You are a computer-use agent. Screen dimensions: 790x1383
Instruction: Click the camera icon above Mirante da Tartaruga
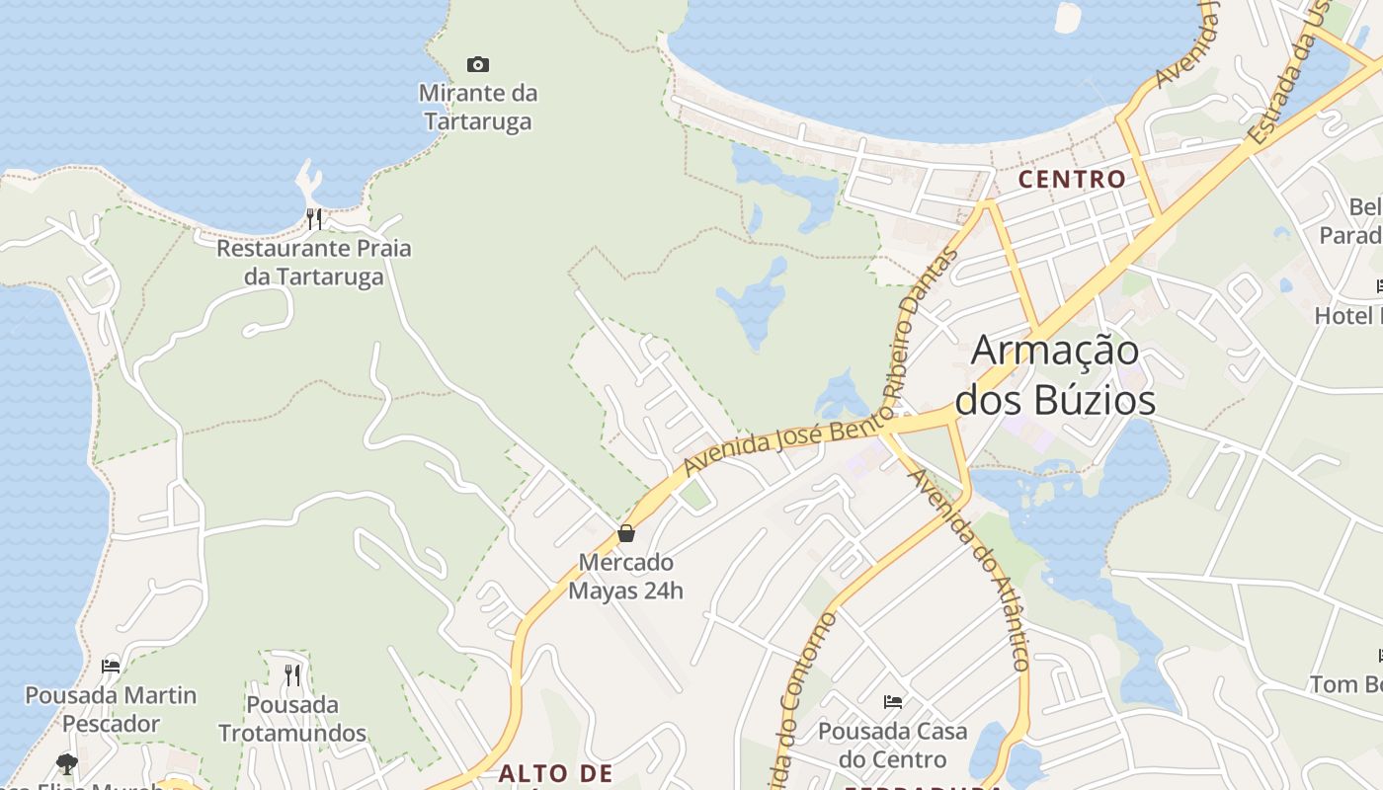point(478,65)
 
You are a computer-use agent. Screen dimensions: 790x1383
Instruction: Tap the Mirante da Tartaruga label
point(478,108)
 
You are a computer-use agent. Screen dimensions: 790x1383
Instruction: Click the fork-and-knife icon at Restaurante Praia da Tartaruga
point(314,218)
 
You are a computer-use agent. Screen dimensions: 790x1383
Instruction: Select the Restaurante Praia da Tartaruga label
point(314,263)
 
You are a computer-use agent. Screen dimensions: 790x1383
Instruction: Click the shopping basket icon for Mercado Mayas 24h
point(626,534)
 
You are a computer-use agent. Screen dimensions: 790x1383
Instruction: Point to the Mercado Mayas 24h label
point(626,577)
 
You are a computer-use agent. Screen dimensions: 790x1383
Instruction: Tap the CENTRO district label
point(1072,180)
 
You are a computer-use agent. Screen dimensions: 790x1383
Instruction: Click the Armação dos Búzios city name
point(1055,375)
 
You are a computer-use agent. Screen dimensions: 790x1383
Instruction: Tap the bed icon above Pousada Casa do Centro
point(893,702)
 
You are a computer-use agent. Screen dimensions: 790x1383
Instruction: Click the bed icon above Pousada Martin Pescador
point(111,667)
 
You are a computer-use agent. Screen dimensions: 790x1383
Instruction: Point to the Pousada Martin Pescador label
point(111,709)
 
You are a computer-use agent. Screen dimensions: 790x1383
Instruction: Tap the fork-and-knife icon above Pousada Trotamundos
point(292,675)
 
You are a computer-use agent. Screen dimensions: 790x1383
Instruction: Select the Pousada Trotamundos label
point(292,719)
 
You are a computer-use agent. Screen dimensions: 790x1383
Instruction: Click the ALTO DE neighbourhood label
point(555,773)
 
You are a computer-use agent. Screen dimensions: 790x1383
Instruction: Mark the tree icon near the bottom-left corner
point(66,763)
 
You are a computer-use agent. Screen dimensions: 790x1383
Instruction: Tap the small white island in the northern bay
point(1068,17)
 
